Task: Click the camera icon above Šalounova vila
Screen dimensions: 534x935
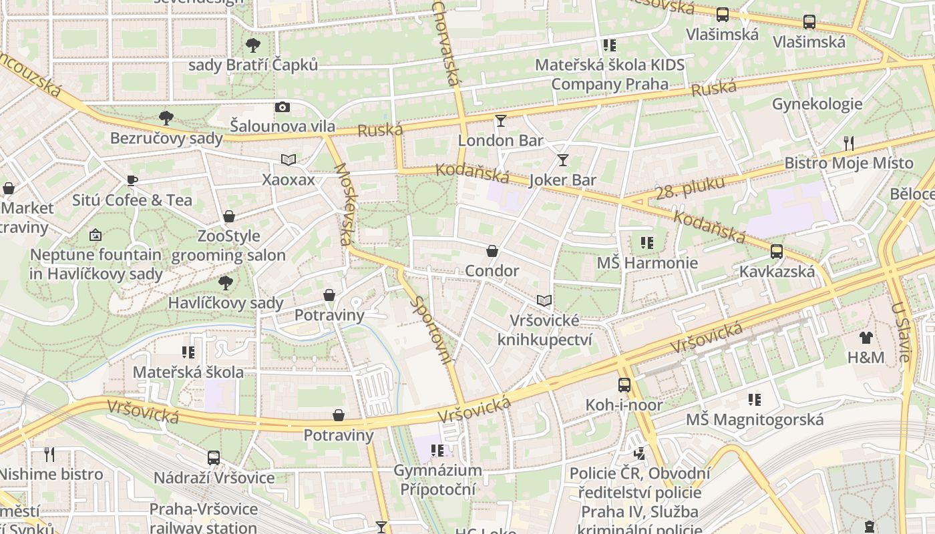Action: click(x=283, y=107)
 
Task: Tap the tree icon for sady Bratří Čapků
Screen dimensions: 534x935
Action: click(x=252, y=45)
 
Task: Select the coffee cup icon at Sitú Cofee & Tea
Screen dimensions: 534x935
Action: click(x=132, y=180)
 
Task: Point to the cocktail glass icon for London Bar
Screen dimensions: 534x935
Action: click(x=501, y=121)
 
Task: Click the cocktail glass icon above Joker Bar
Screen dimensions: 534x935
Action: click(x=563, y=160)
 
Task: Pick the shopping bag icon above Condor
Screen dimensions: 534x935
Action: click(x=492, y=251)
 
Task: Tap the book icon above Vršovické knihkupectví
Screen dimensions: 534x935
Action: click(x=544, y=301)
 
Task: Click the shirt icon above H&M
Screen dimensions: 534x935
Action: click(x=866, y=338)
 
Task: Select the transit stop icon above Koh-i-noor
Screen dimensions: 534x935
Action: click(x=624, y=385)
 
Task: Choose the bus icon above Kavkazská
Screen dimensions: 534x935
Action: click(x=777, y=252)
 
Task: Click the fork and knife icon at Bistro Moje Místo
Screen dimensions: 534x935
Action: click(x=849, y=143)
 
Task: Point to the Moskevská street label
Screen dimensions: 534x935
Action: click(x=345, y=204)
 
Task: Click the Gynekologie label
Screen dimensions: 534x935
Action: click(x=817, y=104)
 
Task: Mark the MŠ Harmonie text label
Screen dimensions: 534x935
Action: click(x=646, y=263)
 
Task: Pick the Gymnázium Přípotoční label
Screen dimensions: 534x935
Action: click(x=437, y=479)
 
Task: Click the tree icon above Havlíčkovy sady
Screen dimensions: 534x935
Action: click(x=226, y=283)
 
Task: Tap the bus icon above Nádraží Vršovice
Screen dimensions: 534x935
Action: click(x=214, y=458)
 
